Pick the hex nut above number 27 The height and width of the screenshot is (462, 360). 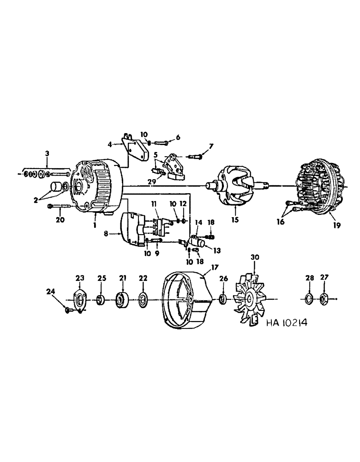pos(324,299)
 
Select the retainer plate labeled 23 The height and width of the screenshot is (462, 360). pos(80,300)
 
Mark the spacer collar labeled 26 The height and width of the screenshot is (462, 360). pos(222,300)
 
